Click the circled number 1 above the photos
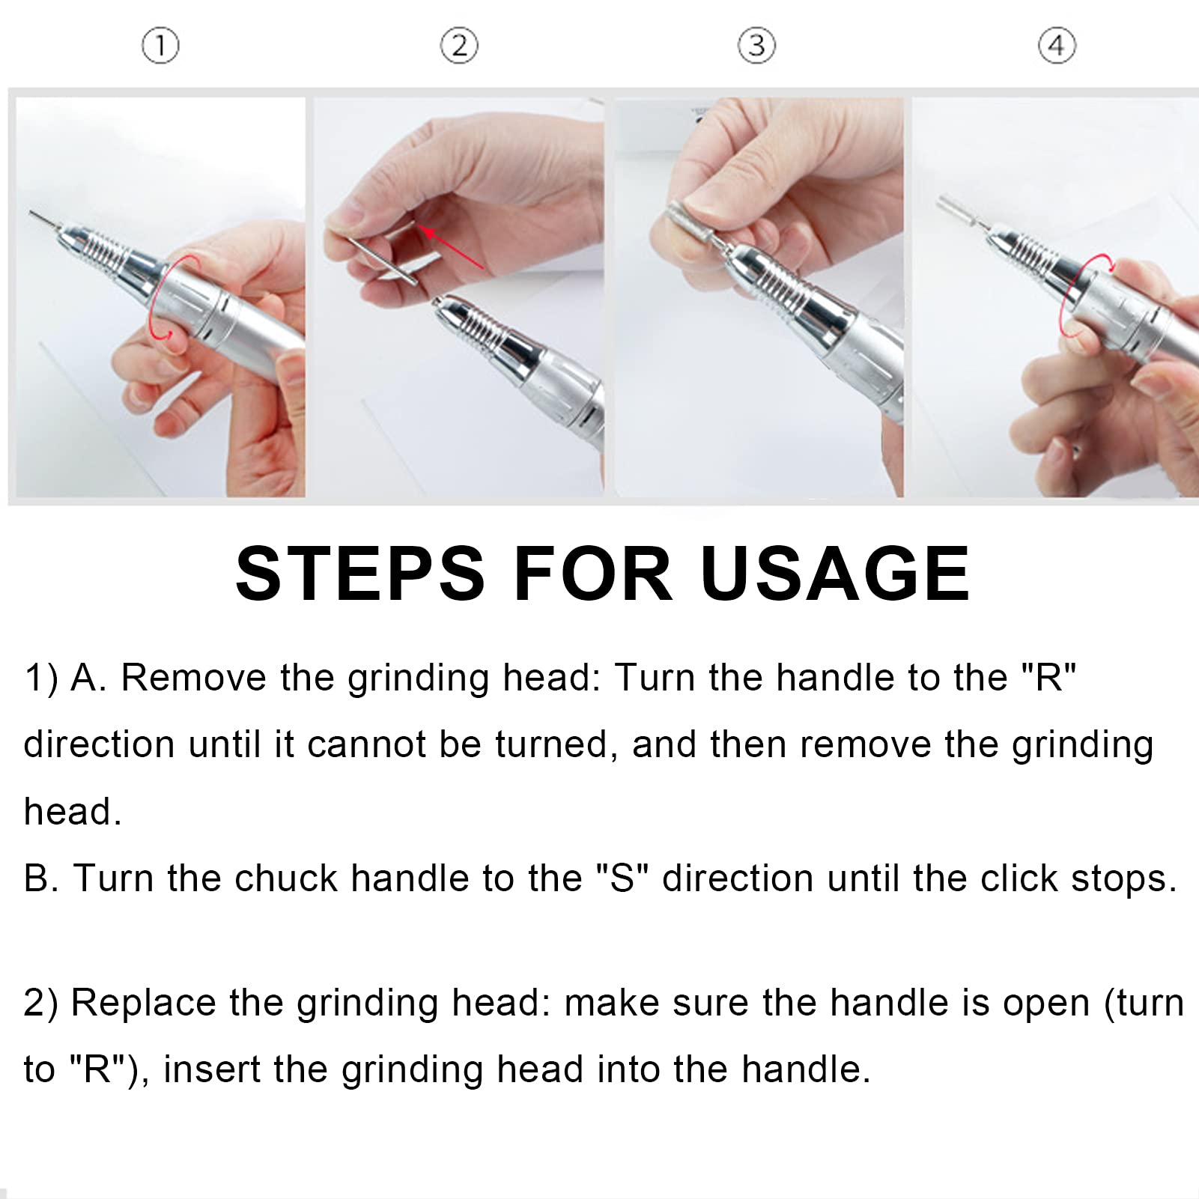pyautogui.click(x=160, y=46)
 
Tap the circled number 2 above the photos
pyautogui.click(x=459, y=46)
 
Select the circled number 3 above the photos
pyautogui.click(x=756, y=46)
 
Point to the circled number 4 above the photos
pyautogui.click(x=1057, y=46)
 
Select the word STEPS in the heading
pyautogui.click(x=360, y=574)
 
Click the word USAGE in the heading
pyautogui.click(x=835, y=574)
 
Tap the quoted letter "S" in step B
pyautogui.click(x=622, y=878)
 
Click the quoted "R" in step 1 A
pyautogui.click(x=1049, y=677)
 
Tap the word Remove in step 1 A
pyautogui.click(x=193, y=677)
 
